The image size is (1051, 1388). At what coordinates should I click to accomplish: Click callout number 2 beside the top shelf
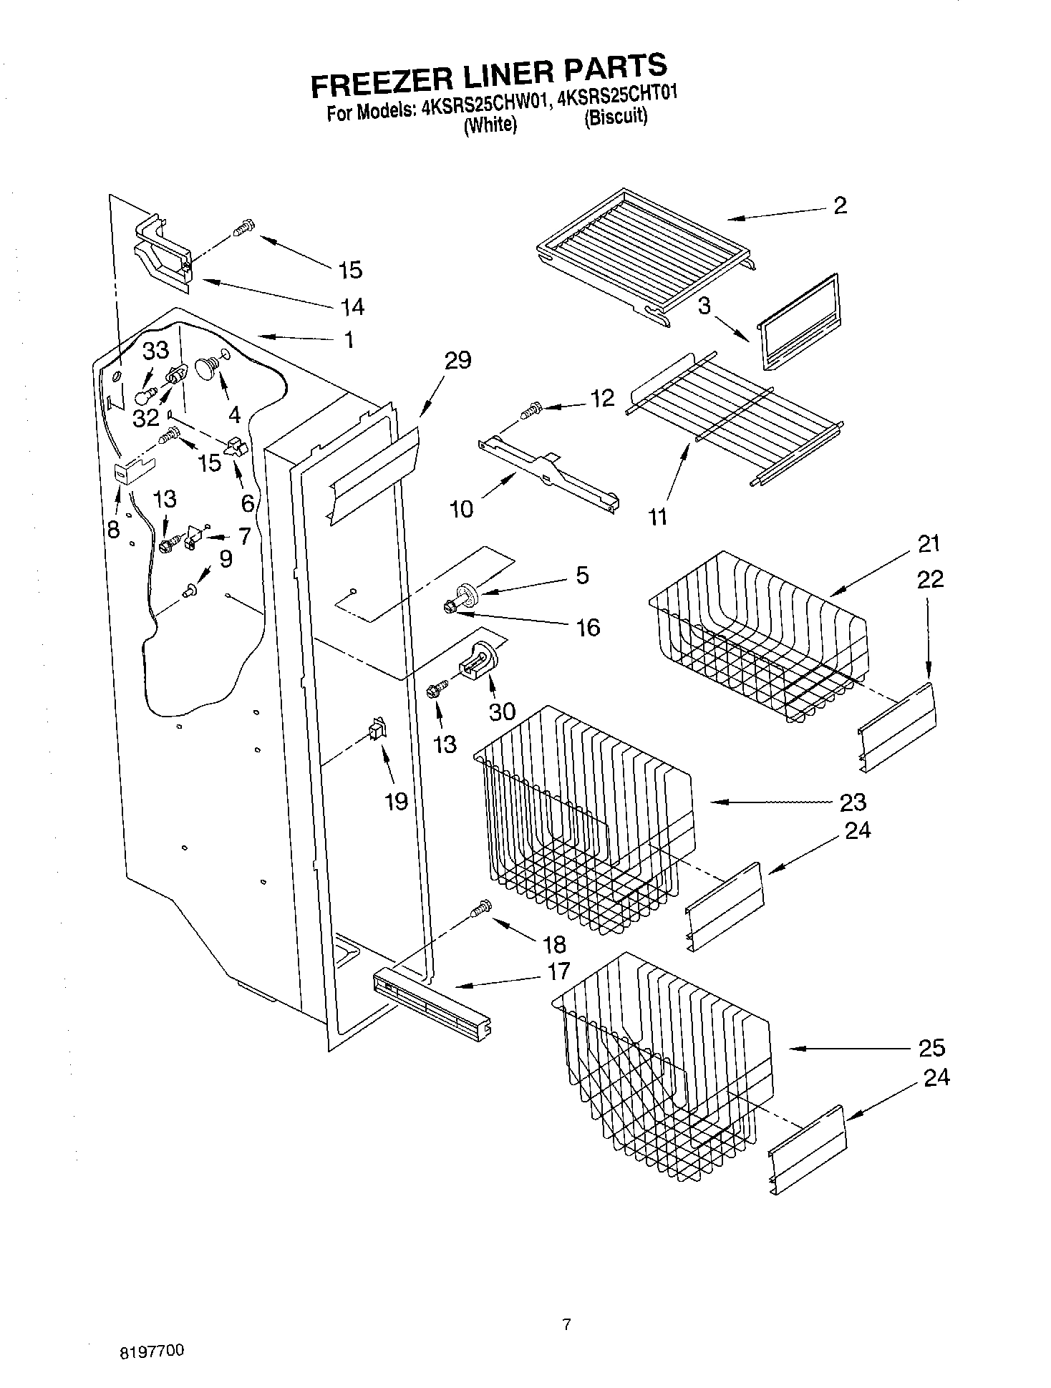coord(840,206)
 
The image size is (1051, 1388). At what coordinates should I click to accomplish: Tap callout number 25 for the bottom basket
coord(931,1048)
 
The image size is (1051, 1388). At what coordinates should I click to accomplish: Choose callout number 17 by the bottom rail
coord(558,971)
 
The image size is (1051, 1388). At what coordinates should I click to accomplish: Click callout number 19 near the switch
coord(396,801)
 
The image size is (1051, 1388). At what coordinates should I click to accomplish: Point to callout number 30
coord(503,711)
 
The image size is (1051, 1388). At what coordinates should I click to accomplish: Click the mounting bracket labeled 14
coord(163,254)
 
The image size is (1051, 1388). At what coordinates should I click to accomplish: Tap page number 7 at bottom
coord(566,1324)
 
